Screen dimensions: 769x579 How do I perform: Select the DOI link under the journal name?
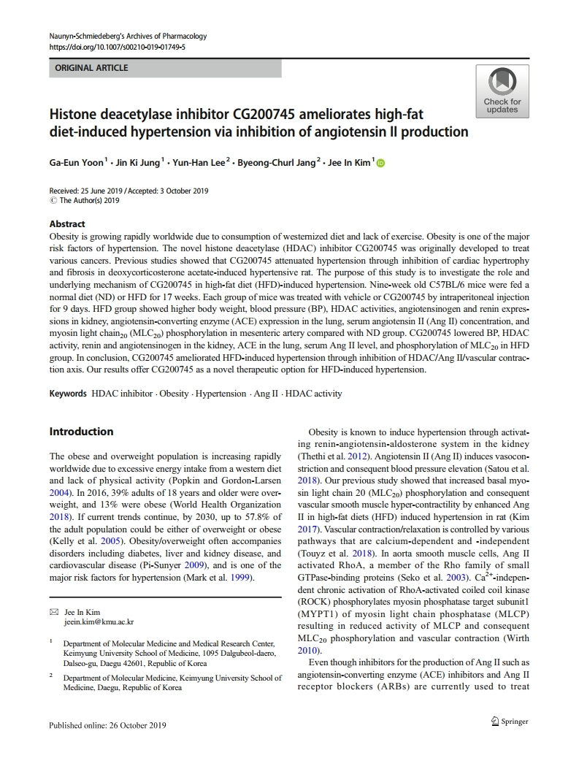(x=117, y=47)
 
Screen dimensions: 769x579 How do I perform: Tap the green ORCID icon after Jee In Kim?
(x=380, y=162)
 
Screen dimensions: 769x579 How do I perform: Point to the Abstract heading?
(x=67, y=224)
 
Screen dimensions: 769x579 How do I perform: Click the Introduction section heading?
(x=81, y=432)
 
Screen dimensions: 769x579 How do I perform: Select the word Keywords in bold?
(x=68, y=394)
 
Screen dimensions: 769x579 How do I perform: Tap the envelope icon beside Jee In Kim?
(x=53, y=612)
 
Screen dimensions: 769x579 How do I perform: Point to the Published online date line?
(x=107, y=725)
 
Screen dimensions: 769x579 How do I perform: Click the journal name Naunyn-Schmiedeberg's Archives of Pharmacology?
(x=128, y=36)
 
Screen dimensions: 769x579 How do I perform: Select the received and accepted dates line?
(x=129, y=191)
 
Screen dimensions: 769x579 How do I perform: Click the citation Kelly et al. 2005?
(x=82, y=542)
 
